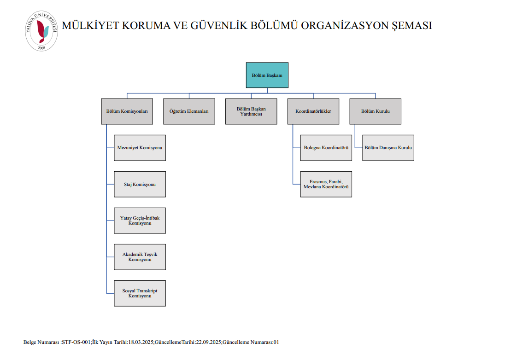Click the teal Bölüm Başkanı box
click(x=267, y=75)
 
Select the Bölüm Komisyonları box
click(x=127, y=111)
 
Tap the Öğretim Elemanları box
click(x=189, y=111)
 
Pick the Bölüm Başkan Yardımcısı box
click(x=251, y=111)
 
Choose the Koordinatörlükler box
click(x=313, y=111)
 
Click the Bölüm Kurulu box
click(x=375, y=111)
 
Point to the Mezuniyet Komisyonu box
click(x=140, y=148)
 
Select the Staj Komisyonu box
click(x=140, y=184)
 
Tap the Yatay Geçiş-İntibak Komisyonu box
click(x=140, y=221)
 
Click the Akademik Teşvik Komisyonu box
click(x=140, y=257)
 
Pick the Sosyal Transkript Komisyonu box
click(x=140, y=293)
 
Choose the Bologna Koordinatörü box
click(x=326, y=148)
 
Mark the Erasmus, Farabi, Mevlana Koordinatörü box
click(x=326, y=184)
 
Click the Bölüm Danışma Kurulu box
click(x=388, y=148)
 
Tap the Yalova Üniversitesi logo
click(x=41, y=31)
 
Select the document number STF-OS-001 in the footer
click(x=76, y=343)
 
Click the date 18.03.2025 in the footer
click(x=141, y=343)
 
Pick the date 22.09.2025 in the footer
click(x=209, y=343)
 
